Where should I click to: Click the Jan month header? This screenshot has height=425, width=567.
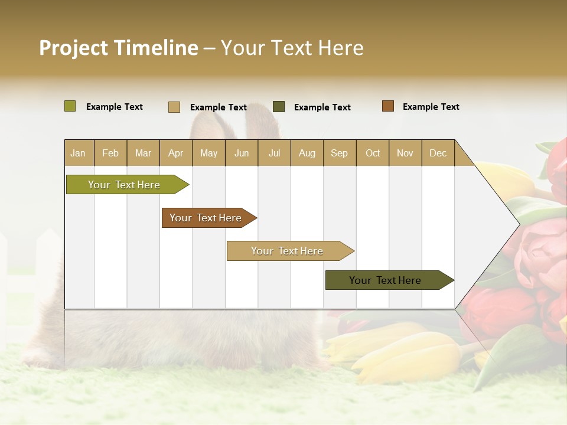coord(78,153)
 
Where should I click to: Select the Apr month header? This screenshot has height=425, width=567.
coord(175,153)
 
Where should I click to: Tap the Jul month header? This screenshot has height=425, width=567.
coord(274,153)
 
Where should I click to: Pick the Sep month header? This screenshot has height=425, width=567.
coord(339,153)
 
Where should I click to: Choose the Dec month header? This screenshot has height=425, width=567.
coord(438,153)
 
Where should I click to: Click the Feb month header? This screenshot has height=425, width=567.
coord(110,153)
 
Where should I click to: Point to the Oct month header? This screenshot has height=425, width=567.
coord(373,153)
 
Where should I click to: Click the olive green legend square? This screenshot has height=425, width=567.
coord(70,106)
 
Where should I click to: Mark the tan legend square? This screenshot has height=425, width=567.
coord(174,107)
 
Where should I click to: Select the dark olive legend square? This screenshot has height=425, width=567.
coord(279,106)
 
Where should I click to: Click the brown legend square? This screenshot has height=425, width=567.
coord(387,106)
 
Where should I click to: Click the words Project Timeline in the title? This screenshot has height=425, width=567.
coord(118,48)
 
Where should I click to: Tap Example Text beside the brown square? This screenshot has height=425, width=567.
coord(431,107)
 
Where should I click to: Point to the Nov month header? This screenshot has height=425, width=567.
coord(405,153)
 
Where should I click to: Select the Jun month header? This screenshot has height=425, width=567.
coord(242,153)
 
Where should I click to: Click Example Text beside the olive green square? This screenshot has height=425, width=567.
coord(115,107)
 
